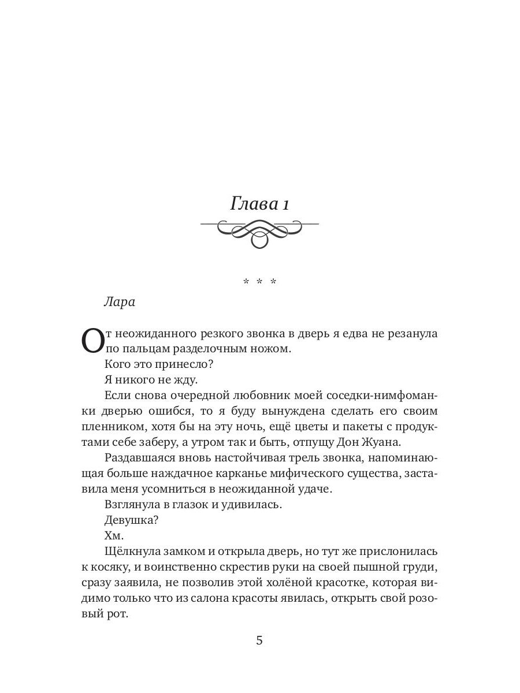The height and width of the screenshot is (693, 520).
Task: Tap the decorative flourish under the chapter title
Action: pyautogui.click(x=259, y=233)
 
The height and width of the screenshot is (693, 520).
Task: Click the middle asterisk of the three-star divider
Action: pyautogui.click(x=259, y=282)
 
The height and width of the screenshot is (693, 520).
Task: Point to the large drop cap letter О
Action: pyautogui.click(x=92, y=341)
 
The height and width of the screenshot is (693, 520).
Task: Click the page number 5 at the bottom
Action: pyautogui.click(x=259, y=640)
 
